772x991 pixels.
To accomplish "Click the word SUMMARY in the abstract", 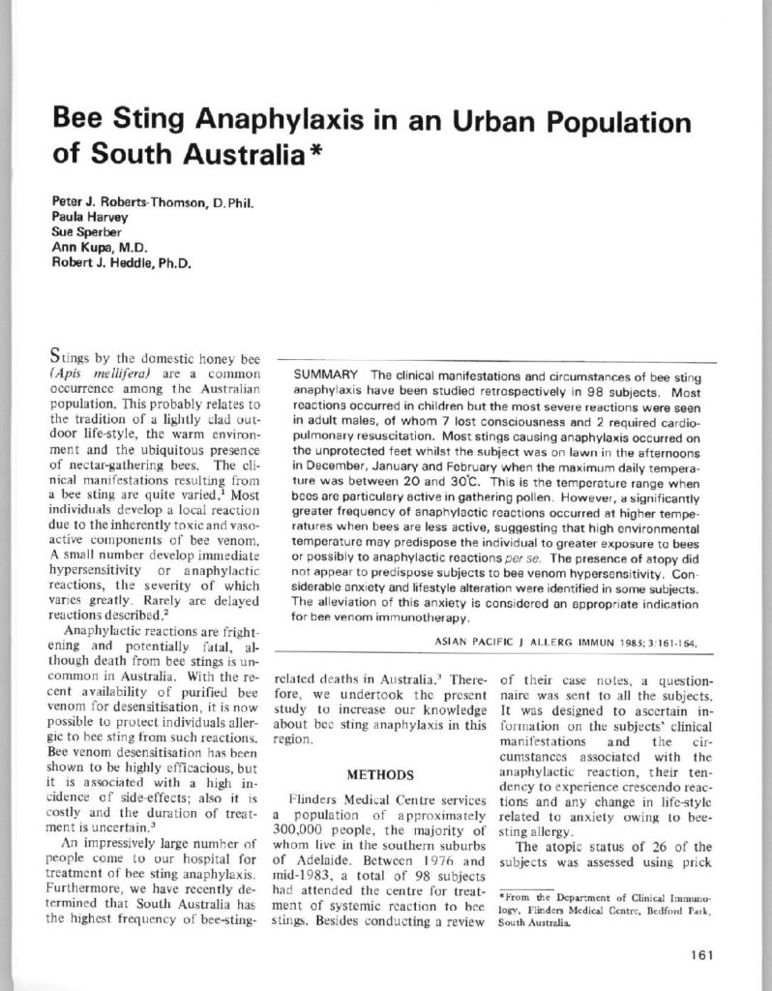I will (x=323, y=375).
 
